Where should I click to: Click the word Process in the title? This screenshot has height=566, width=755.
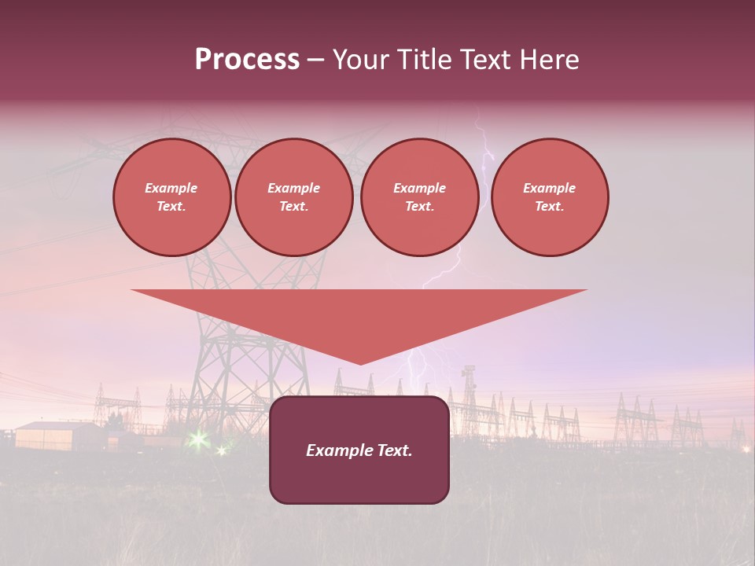(x=247, y=60)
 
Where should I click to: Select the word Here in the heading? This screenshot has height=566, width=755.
(x=548, y=60)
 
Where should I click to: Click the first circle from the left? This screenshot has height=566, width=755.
(x=172, y=197)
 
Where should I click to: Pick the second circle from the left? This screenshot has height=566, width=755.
(x=294, y=197)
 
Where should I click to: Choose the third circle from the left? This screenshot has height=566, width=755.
(x=420, y=197)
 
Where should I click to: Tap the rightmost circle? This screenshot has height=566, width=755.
(x=550, y=197)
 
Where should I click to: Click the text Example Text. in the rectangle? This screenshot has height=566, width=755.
(x=359, y=450)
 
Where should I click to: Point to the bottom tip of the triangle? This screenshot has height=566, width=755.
(x=360, y=363)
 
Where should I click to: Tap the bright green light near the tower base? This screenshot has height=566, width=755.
(x=197, y=439)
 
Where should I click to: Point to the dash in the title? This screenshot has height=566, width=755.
(x=316, y=61)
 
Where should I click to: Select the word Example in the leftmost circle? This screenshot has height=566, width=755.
(x=171, y=188)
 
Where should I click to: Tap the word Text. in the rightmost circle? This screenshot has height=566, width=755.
(x=550, y=207)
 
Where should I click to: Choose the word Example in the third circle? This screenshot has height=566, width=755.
(x=420, y=188)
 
